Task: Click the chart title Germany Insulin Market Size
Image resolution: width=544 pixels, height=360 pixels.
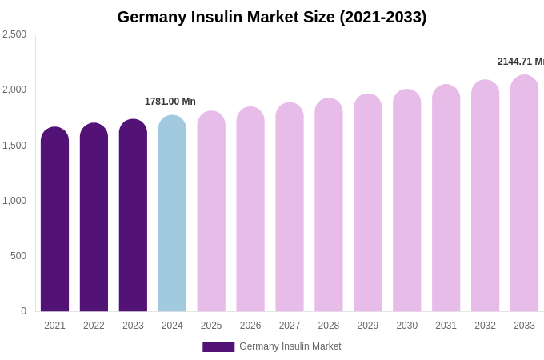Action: pos(272,17)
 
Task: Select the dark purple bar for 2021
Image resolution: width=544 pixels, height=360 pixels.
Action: pos(54,220)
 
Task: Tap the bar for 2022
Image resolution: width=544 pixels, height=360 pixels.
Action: pos(94,218)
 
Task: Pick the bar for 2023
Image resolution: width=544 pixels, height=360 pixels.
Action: pos(133,216)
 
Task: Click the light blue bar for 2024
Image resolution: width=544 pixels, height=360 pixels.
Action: pos(172,214)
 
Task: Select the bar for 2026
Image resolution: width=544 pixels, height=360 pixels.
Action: pos(250,210)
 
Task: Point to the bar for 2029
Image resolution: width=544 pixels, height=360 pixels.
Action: pos(368,203)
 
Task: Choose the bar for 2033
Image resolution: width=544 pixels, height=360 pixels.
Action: pos(524,194)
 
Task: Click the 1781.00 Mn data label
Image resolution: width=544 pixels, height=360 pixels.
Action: pos(170,102)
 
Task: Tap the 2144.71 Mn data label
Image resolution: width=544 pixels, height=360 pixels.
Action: pos(521,62)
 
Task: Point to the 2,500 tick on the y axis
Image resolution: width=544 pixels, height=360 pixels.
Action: pos(14,34)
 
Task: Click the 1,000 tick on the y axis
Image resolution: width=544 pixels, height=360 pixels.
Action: pos(14,201)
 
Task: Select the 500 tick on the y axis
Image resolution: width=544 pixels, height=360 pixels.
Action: pos(18,256)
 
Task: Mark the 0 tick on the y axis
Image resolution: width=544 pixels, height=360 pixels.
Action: pos(23,311)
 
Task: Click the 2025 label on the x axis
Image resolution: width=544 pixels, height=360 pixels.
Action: pos(211,326)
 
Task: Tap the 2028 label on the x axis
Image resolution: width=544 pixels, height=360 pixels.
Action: pos(329,326)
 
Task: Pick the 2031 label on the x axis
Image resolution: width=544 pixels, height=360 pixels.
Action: pos(446,326)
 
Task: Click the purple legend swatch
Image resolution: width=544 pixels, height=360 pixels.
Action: pos(218,347)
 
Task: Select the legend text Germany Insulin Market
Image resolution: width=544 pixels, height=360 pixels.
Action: pos(290,346)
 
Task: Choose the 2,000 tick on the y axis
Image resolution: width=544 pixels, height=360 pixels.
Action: pos(14,90)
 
